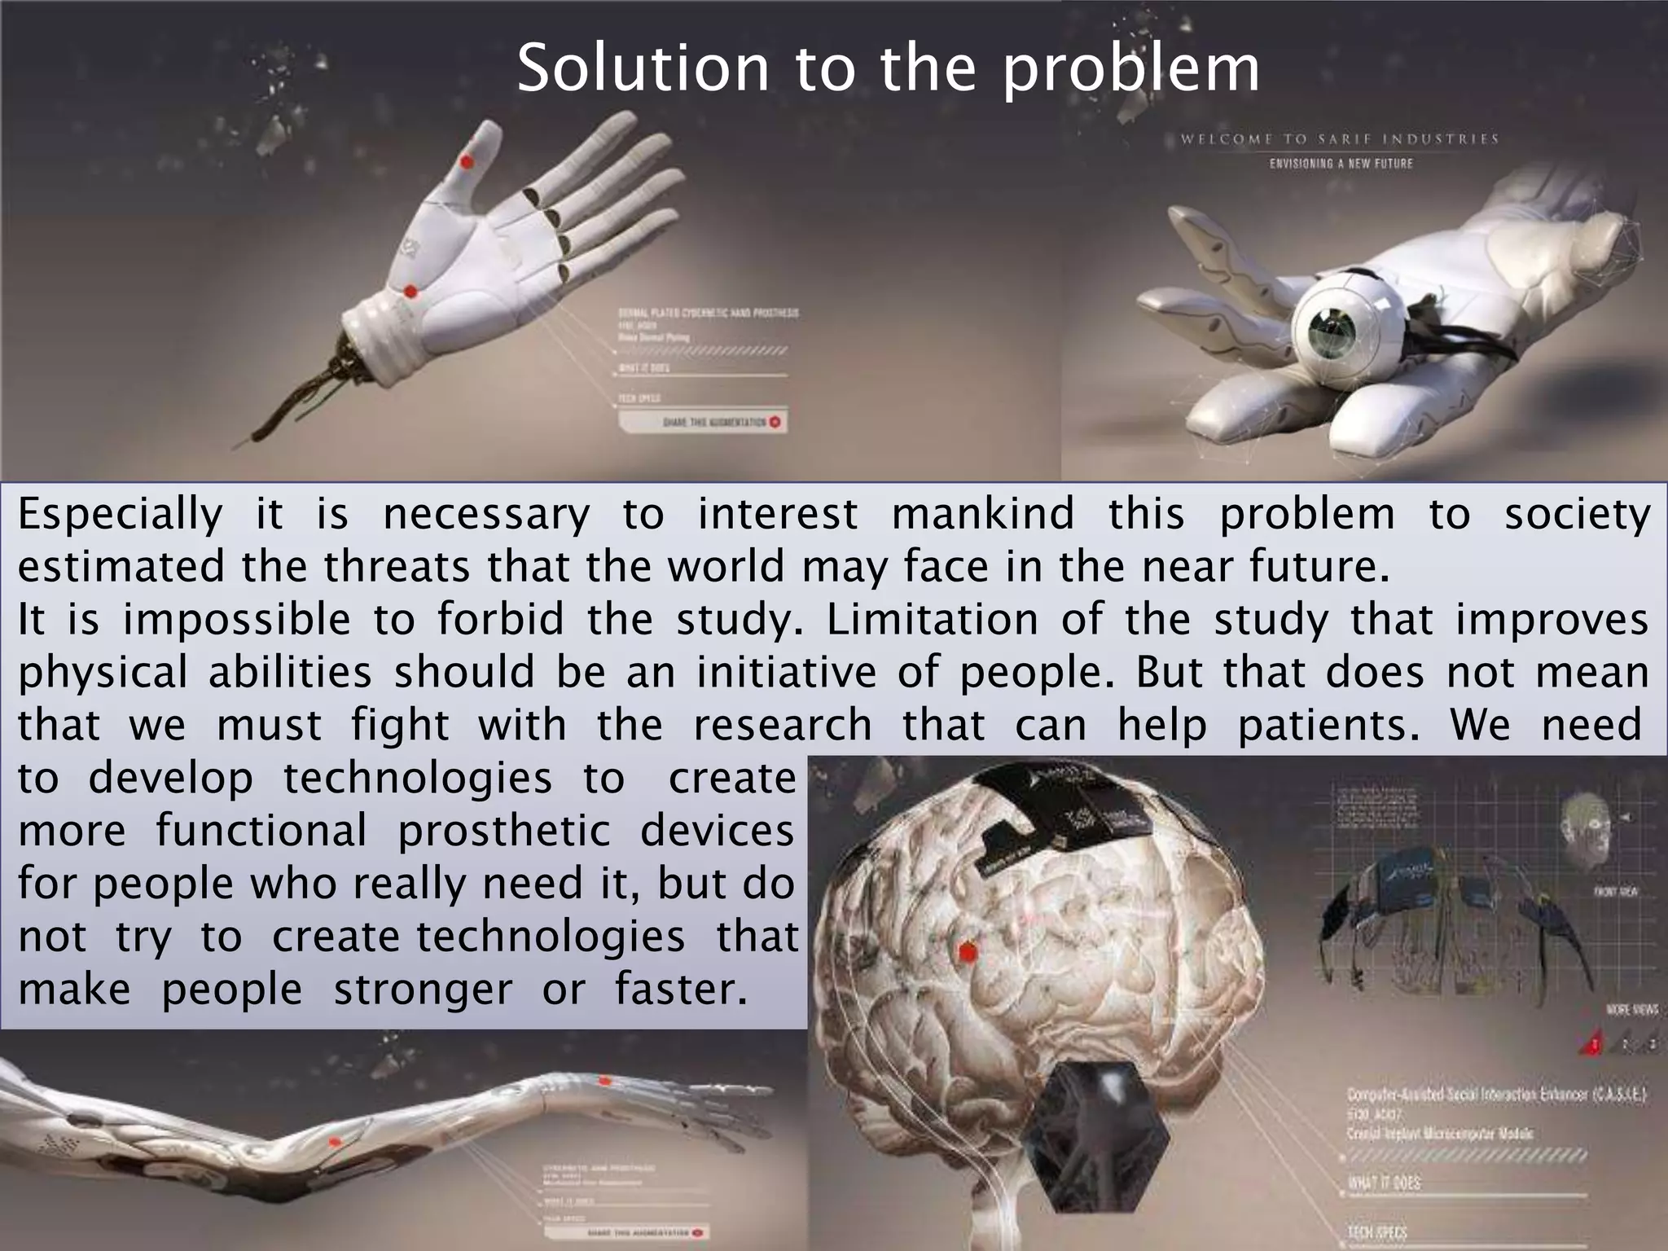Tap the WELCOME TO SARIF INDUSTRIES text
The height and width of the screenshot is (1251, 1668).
(1340, 139)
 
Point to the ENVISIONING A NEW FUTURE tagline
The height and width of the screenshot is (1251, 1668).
(1341, 164)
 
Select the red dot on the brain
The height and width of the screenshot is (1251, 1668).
(968, 951)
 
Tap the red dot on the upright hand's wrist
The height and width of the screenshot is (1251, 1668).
(411, 291)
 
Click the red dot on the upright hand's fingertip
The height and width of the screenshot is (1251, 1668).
(467, 160)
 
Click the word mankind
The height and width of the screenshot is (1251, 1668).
(982, 515)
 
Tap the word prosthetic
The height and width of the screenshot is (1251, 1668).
(503, 832)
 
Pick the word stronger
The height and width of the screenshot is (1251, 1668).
(423, 990)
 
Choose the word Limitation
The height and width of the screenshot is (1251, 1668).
(932, 620)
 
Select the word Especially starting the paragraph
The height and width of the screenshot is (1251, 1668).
(120, 515)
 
